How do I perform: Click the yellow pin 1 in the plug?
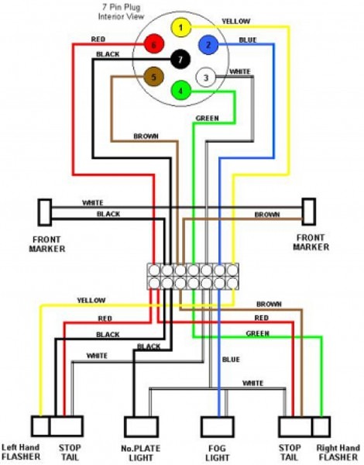180,29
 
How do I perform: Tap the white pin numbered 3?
205,77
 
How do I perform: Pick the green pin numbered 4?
180,91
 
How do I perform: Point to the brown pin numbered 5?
153,77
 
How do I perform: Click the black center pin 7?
180,60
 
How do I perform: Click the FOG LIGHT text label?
218,453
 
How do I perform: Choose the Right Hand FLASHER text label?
338,453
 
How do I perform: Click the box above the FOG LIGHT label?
218,427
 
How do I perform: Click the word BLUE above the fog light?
232,359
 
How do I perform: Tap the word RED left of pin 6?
98,38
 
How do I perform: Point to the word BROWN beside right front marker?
267,214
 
